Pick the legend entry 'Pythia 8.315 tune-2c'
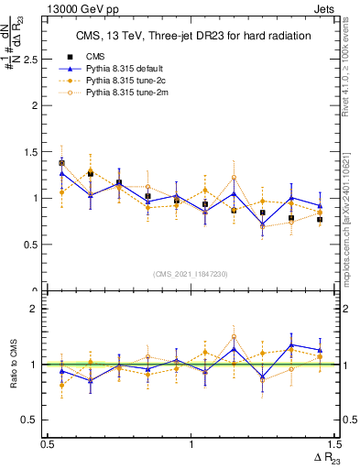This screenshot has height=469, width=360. (128, 81)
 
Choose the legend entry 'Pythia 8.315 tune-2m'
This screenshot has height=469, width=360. (129, 93)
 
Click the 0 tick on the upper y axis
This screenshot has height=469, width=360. (38, 291)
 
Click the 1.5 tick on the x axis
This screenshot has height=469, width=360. (334, 444)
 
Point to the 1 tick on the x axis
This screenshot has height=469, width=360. (191, 444)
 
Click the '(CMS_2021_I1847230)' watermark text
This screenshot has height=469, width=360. (191, 274)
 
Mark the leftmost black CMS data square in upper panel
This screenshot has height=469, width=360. (61, 163)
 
